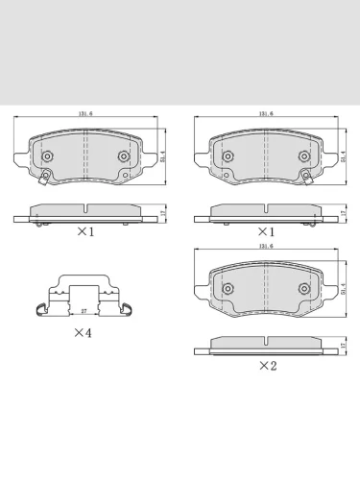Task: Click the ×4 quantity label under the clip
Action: tap(84, 332)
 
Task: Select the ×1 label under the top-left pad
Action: tap(84, 231)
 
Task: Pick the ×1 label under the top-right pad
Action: tap(265, 231)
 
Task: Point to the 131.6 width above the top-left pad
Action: tap(84, 114)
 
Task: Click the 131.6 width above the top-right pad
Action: tap(264, 114)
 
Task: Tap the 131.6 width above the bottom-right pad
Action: tap(264, 249)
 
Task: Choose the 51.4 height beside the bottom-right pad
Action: tap(344, 288)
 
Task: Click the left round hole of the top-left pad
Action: tap(47, 156)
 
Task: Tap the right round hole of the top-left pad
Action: tap(122, 156)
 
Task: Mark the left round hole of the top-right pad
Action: tap(228, 156)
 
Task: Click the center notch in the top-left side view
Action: tap(84, 210)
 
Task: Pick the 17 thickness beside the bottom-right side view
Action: tap(344, 344)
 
